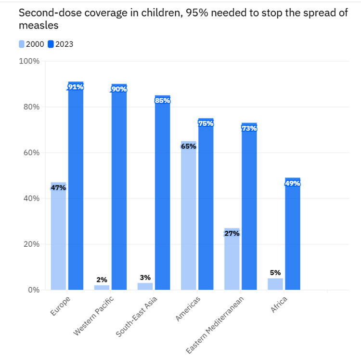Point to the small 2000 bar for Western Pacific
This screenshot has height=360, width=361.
[x=102, y=287]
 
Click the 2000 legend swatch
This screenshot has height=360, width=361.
[x=22, y=44]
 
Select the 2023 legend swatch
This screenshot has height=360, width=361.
[x=51, y=44]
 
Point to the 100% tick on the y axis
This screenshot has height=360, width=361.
[x=29, y=61]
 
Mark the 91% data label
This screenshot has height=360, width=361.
[x=76, y=87]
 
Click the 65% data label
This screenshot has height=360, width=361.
[x=188, y=146]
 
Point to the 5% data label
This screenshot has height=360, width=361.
[x=275, y=273]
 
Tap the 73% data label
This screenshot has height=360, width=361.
[x=249, y=128]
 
